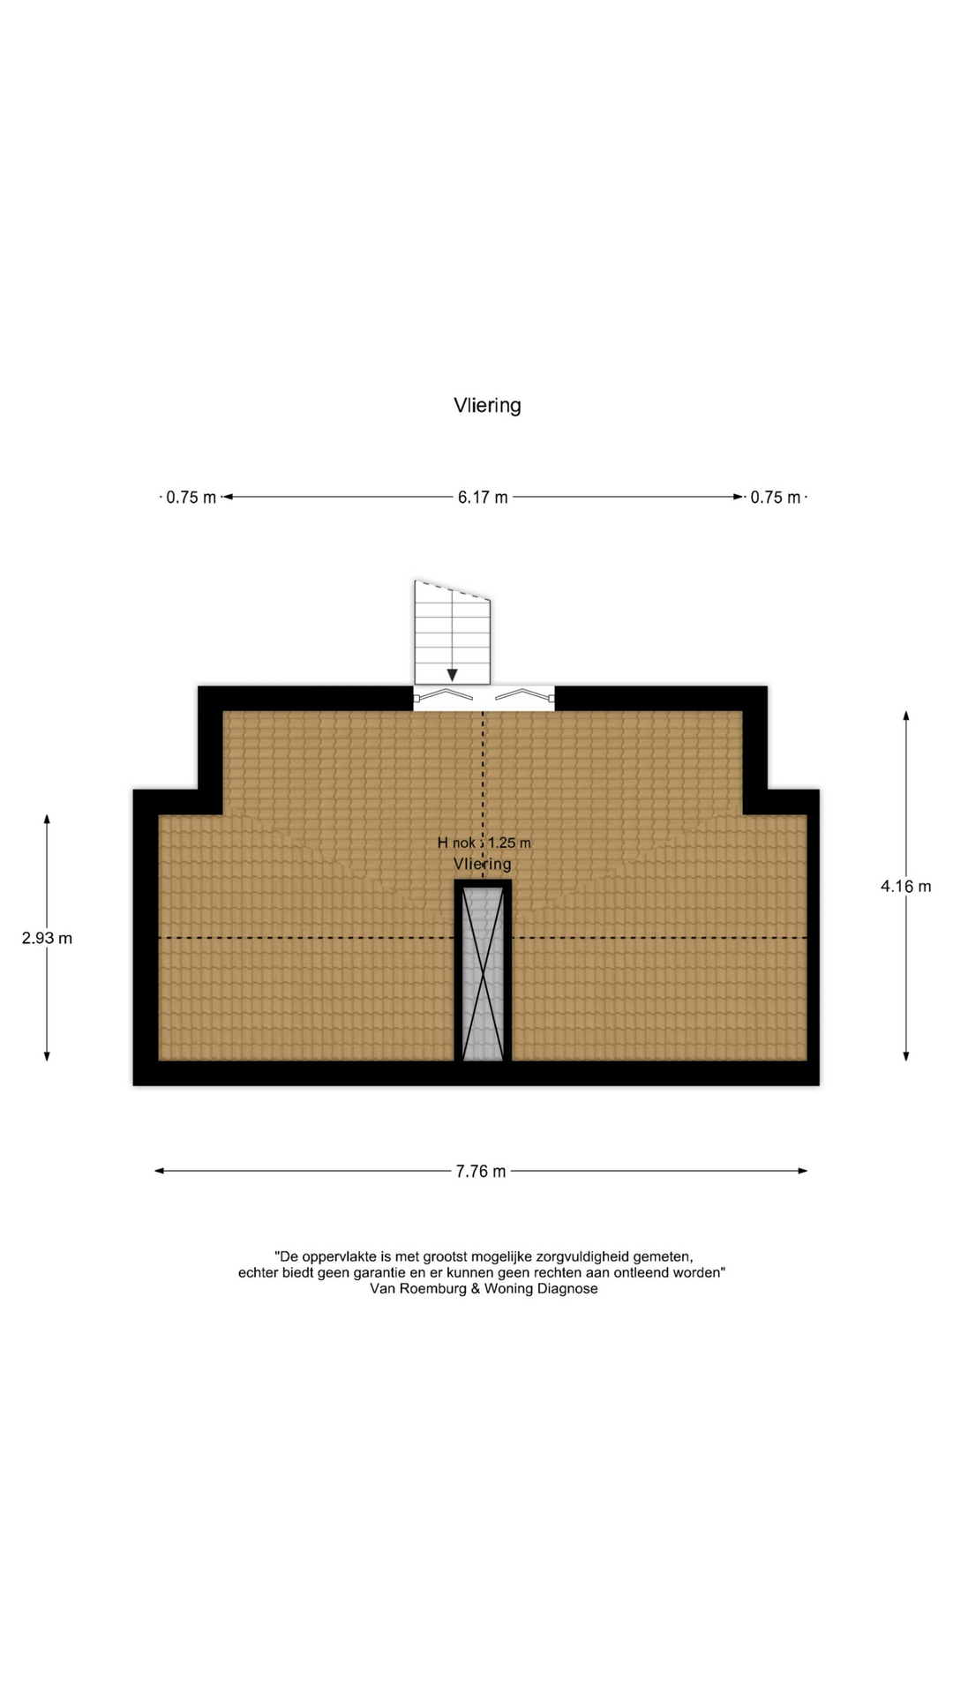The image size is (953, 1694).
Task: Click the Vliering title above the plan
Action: click(x=487, y=406)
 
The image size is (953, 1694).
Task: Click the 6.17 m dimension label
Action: click(x=483, y=498)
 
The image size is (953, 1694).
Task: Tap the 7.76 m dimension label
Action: click(x=481, y=1172)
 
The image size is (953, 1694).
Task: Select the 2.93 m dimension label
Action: click(x=47, y=939)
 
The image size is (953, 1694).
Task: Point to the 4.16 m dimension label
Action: click(x=906, y=887)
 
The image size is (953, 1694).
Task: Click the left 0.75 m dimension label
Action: click(x=191, y=498)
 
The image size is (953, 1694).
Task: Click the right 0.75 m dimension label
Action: click(x=776, y=498)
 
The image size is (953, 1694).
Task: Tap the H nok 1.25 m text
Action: click(x=484, y=843)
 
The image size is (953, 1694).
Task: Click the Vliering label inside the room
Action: click(x=483, y=864)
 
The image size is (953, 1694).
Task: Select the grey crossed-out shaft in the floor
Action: click(x=483, y=973)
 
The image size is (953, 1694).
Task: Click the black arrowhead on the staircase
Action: click(x=452, y=675)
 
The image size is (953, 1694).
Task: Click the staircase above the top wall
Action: click(x=452, y=633)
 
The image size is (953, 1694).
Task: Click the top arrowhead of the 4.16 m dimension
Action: click(x=906, y=716)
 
